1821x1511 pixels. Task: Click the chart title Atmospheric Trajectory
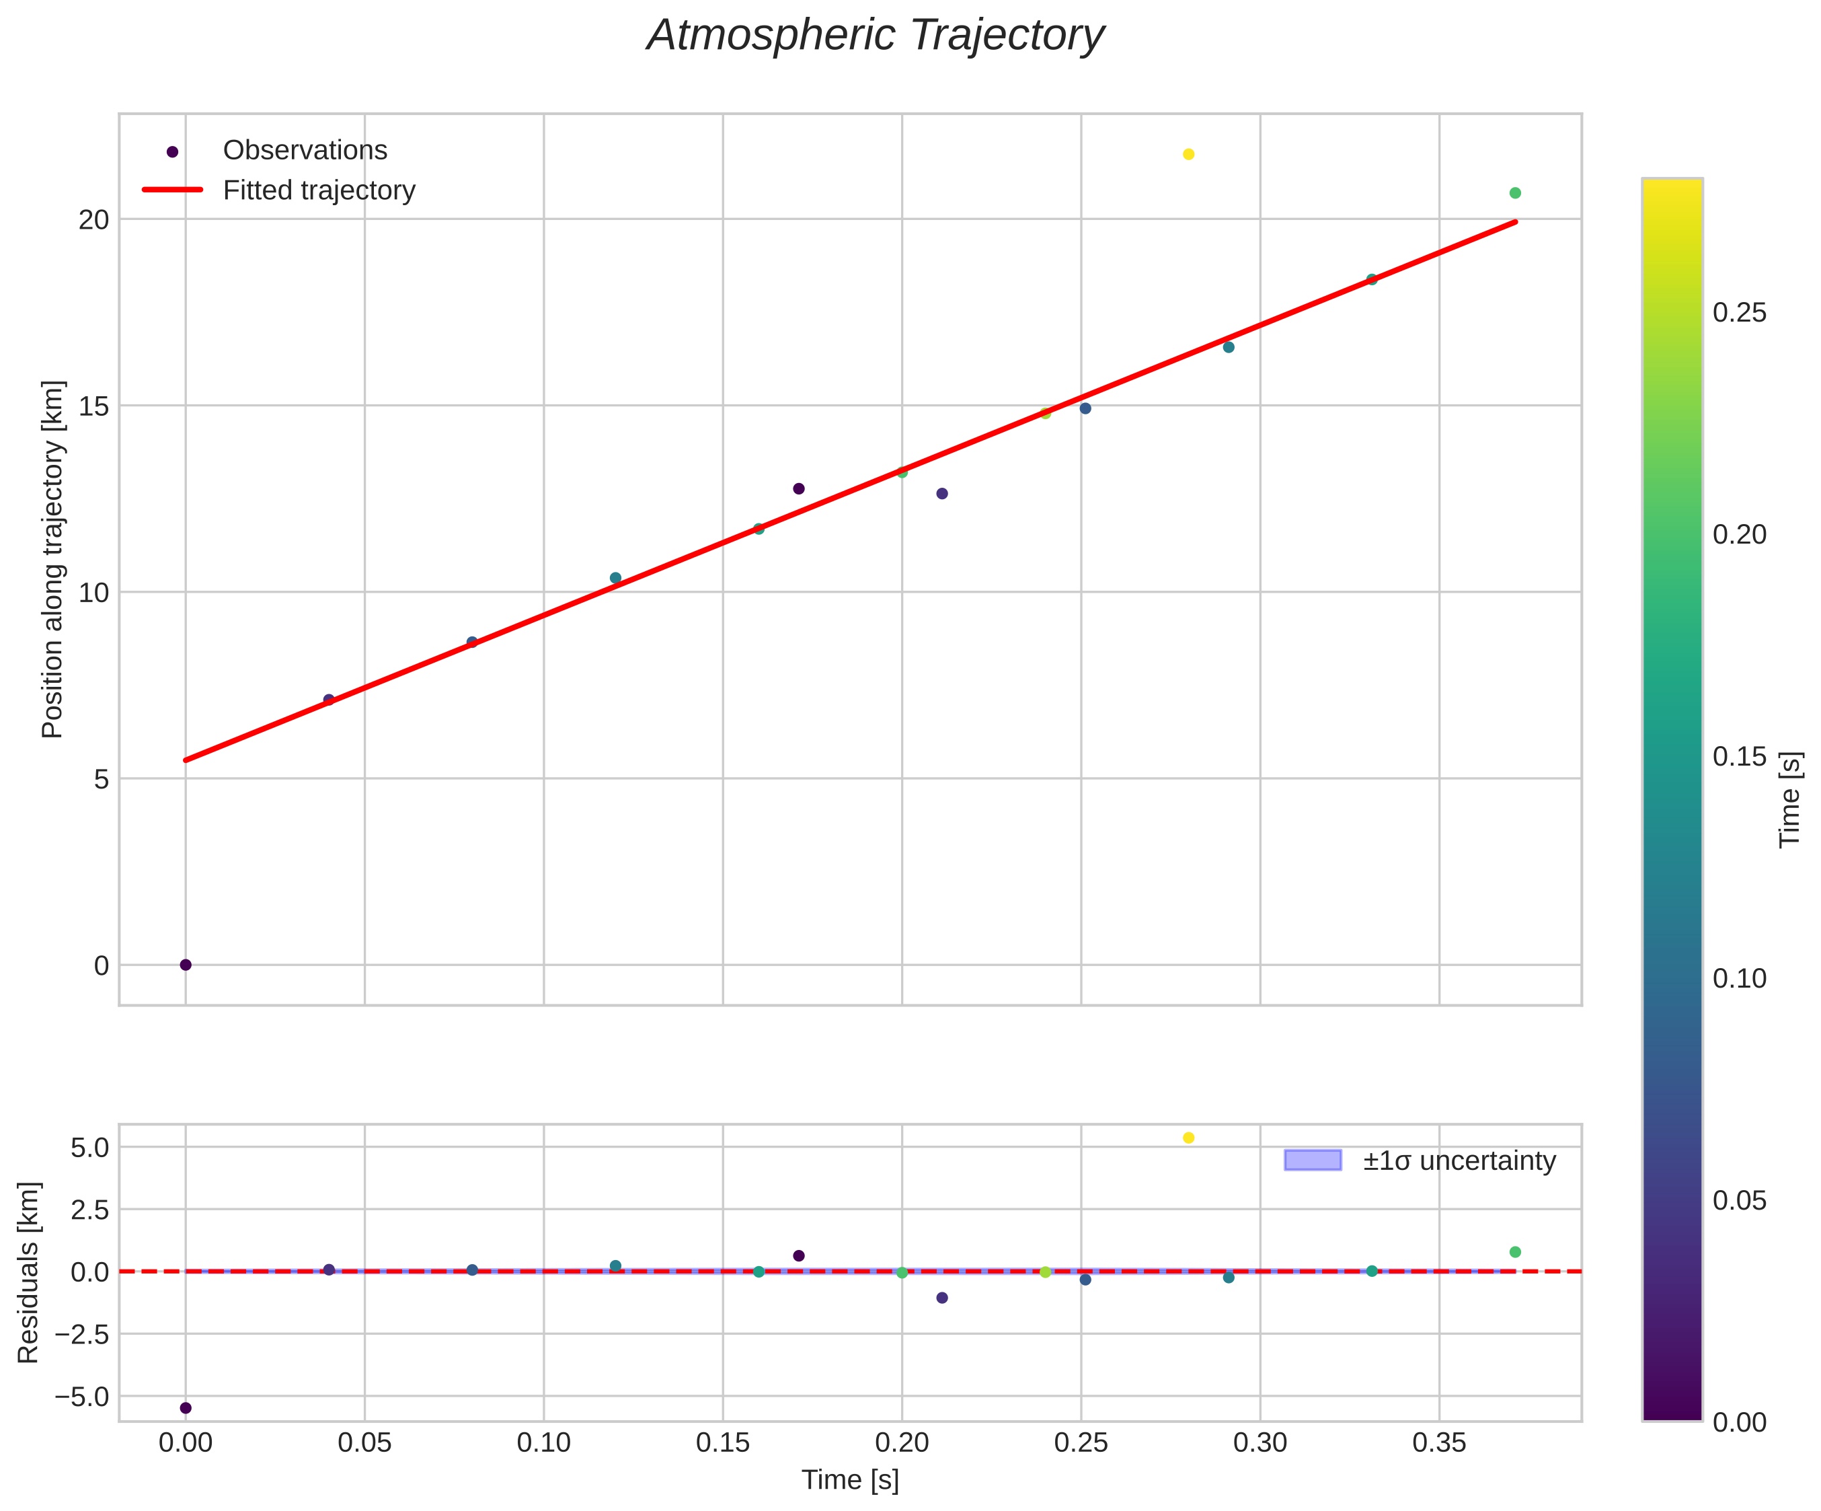(876, 36)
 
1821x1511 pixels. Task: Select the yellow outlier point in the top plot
(1188, 154)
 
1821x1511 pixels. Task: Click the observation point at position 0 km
(186, 965)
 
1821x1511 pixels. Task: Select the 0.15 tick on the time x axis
(722, 1443)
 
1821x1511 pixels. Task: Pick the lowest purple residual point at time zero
(186, 1408)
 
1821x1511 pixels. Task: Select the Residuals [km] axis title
(29, 1272)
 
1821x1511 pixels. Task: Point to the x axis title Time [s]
(850, 1481)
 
